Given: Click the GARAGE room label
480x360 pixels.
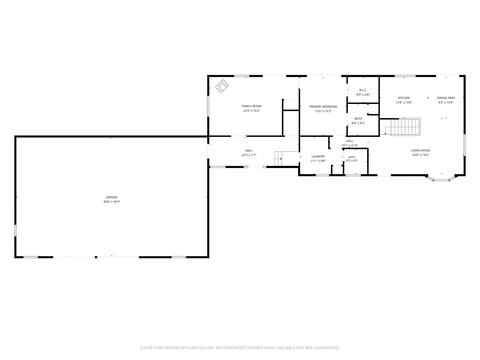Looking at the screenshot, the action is click(x=112, y=197).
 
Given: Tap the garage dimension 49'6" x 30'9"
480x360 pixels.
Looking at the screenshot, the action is click(x=112, y=202).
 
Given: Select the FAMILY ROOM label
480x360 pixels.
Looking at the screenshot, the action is click(x=252, y=106).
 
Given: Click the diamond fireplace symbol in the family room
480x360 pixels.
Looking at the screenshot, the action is click(x=222, y=86).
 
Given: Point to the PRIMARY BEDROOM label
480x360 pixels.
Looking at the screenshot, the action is click(x=323, y=107).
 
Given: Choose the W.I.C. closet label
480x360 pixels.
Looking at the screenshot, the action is click(x=363, y=90).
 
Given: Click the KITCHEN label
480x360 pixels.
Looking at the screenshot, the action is click(x=404, y=98).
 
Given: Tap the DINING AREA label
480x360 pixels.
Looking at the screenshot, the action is click(x=446, y=98).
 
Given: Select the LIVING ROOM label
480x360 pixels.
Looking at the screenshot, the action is click(x=420, y=150).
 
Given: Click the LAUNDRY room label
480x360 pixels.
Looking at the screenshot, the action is click(x=318, y=156).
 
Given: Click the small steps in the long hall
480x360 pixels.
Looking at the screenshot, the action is click(x=278, y=158).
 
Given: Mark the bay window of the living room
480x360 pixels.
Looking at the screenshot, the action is click(x=441, y=178).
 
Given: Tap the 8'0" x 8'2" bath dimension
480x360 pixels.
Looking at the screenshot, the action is click(x=358, y=123).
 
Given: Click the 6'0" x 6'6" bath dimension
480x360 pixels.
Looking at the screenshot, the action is click(x=352, y=161).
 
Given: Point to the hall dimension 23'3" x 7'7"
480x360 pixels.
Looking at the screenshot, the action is click(x=249, y=155).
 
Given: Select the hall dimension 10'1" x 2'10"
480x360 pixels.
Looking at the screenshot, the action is click(x=350, y=146).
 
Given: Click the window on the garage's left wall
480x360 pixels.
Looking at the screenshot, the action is click(x=15, y=230).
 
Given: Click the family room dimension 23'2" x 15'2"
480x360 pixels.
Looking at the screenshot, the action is click(x=252, y=111).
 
